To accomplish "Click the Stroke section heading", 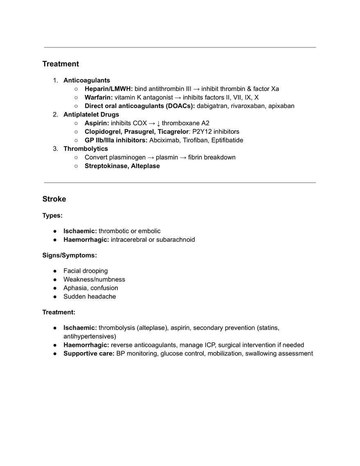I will click(54, 199).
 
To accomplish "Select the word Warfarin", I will click(98, 97).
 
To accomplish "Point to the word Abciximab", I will click(164, 140).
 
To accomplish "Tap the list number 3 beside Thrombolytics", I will click(55, 149).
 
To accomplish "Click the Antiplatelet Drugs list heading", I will click(91, 115).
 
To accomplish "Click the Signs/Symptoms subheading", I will click(70, 255).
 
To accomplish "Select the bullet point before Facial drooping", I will click(55, 271).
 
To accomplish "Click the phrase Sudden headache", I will click(90, 297).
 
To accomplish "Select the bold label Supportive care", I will click(89, 353).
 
